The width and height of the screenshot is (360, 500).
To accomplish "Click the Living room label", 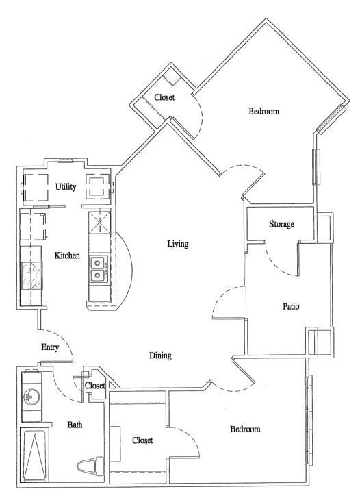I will tap(178, 244).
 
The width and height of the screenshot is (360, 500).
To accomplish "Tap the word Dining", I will tap(160, 355).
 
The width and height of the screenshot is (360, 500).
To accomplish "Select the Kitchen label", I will tap(67, 255).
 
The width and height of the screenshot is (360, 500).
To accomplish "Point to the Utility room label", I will tap(66, 186).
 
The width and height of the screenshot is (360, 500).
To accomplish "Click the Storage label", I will tap(281, 224).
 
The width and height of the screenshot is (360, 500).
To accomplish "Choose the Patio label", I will tap(292, 306).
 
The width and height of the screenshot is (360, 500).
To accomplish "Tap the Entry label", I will tap(50, 347).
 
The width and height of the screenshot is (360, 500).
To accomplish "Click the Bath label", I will tap(75, 425).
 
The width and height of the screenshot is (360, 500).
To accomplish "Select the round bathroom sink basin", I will tap(30, 397).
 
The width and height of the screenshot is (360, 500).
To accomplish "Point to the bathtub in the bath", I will tap(33, 454).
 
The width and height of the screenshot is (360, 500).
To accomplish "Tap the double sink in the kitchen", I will tap(99, 268).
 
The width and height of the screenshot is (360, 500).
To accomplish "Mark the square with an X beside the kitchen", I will tap(99, 222).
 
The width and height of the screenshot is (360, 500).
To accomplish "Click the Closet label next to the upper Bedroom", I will tap(164, 97).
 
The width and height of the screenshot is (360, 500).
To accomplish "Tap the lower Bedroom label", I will tap(245, 429).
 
